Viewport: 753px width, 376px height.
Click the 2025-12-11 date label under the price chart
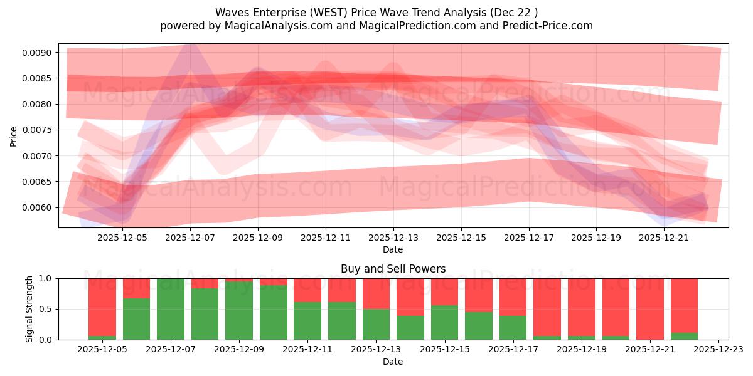pyautogui.click(x=326, y=238)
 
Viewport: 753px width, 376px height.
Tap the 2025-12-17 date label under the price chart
pyautogui.click(x=529, y=238)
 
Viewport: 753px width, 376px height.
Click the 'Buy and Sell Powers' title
pyautogui.click(x=393, y=269)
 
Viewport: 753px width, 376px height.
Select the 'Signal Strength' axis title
pyautogui.click(x=29, y=309)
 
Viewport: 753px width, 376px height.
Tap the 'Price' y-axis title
pyautogui.click(x=14, y=135)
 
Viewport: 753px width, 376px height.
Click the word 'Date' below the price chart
pyautogui.click(x=393, y=249)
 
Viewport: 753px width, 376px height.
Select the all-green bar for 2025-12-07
pyautogui.click(x=171, y=309)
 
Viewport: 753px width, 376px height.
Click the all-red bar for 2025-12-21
pyautogui.click(x=650, y=309)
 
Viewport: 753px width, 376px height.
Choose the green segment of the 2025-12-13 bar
pyautogui.click(x=376, y=324)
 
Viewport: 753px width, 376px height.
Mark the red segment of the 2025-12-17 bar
pyautogui.click(x=513, y=296)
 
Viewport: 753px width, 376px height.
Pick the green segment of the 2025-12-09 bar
pyautogui.click(x=239, y=310)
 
